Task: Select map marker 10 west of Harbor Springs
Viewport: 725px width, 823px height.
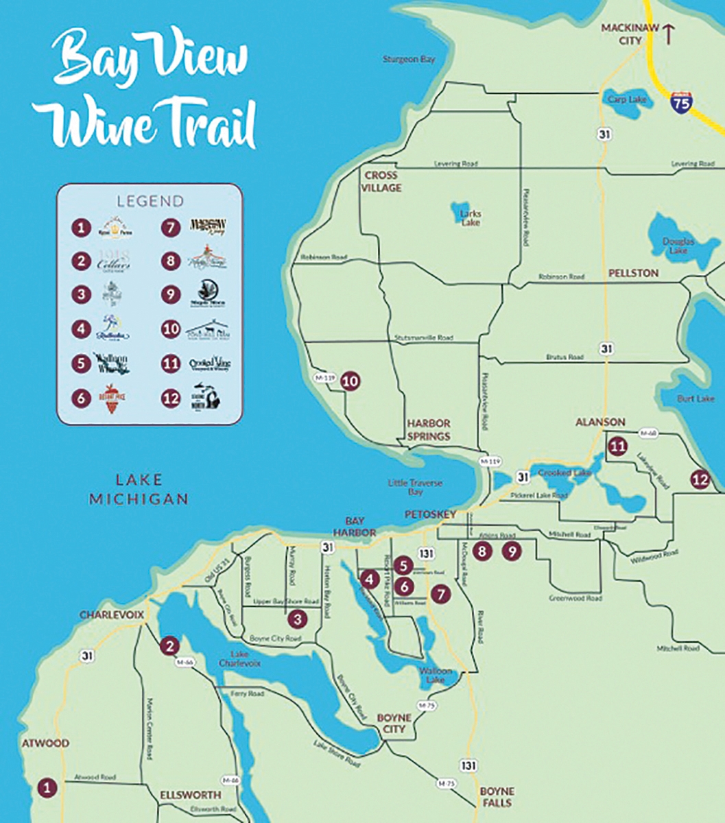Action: [350, 381]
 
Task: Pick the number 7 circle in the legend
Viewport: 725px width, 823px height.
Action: [170, 227]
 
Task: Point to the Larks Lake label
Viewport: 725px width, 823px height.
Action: [470, 217]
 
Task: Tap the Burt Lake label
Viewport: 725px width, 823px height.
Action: [696, 398]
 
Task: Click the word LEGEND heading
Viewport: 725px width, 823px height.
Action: [150, 201]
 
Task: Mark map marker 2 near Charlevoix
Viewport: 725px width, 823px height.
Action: [169, 645]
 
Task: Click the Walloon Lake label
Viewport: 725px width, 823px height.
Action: [436, 676]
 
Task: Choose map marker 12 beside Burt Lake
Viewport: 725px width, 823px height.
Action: [700, 479]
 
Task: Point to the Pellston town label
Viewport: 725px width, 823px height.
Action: [633, 273]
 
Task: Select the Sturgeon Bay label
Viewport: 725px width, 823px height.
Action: [409, 60]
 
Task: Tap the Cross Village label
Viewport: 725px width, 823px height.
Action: [382, 182]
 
